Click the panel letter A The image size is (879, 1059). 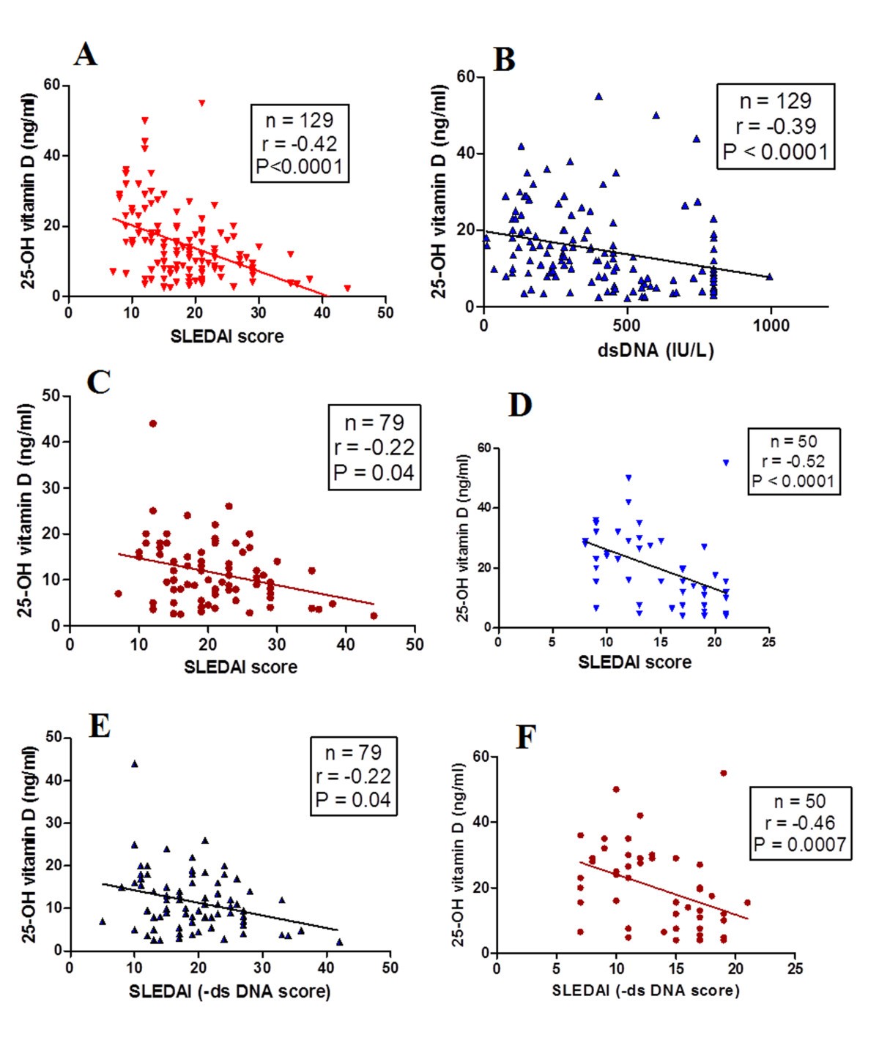pos(85,55)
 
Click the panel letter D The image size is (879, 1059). pos(519,405)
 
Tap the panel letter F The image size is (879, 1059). pos(526,737)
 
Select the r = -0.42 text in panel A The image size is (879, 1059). pos(299,143)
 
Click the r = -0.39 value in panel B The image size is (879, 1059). pos(775,127)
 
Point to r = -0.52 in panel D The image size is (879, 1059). pos(793,461)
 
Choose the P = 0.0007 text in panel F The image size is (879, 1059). pos(800,845)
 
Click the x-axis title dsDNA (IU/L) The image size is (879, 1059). pos(656,350)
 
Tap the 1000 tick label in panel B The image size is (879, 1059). pos(771,326)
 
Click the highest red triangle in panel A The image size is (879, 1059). pos(201,103)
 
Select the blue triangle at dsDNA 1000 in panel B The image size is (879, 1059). pos(769,277)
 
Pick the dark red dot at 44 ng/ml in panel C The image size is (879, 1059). pos(152,424)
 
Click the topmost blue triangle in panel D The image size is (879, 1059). pos(726,463)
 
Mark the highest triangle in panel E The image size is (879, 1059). pos(134,763)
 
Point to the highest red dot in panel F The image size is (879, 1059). pos(723,773)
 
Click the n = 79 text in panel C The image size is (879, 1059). pos(374,423)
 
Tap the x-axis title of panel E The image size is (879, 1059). pos(229,992)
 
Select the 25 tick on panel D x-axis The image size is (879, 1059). pos(768,642)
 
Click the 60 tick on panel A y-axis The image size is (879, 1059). pos(51,85)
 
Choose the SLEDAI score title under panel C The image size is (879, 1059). pos(240,667)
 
